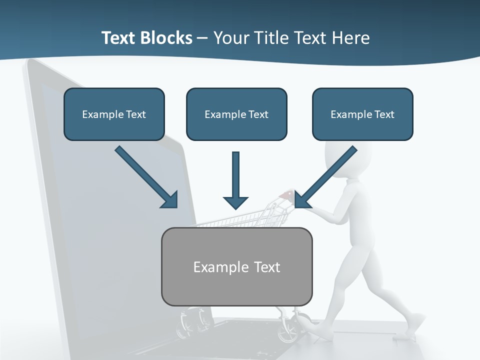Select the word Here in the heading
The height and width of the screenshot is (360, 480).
point(350,38)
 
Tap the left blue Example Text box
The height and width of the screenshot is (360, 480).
point(114,114)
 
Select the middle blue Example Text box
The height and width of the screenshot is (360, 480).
point(236,114)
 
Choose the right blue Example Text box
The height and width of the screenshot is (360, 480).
point(362,114)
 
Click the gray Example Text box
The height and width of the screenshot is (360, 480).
point(236,266)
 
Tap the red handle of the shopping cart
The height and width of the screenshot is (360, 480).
point(287,194)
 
